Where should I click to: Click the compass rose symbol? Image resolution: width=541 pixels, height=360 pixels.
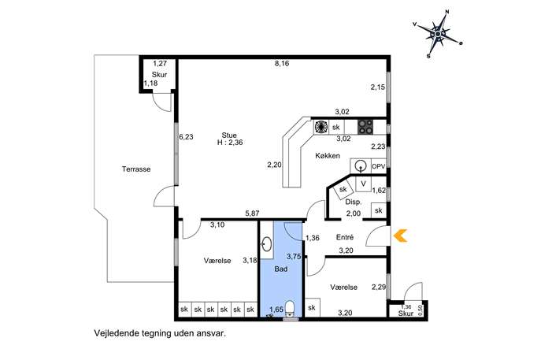pyautogui.click(x=438, y=34)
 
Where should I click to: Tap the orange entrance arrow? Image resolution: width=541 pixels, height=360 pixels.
pyautogui.click(x=400, y=236)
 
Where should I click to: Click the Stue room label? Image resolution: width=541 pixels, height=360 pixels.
pyautogui.click(x=229, y=135)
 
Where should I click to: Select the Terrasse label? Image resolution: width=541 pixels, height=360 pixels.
pyautogui.click(x=136, y=169)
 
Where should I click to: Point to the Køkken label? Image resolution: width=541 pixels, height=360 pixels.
pyautogui.click(x=328, y=156)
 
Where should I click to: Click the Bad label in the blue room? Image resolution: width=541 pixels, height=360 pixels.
pyautogui.click(x=281, y=269)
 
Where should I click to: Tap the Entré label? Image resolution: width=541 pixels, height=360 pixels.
pyautogui.click(x=345, y=237)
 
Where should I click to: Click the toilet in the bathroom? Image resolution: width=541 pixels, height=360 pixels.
pyautogui.click(x=290, y=308)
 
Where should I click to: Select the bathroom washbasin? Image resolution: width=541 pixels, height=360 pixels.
pyautogui.click(x=266, y=244)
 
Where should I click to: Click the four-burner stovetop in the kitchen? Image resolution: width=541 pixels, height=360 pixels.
pyautogui.click(x=365, y=127)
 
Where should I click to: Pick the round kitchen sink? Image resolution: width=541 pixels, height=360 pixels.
pyautogui.click(x=361, y=166)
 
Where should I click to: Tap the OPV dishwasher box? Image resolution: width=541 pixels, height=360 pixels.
pyautogui.click(x=378, y=166)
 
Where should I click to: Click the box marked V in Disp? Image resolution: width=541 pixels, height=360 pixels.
pyautogui.click(x=363, y=184)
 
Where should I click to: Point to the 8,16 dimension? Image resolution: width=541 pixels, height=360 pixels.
pyautogui.click(x=282, y=64)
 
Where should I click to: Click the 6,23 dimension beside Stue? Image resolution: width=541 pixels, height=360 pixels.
pyautogui.click(x=187, y=137)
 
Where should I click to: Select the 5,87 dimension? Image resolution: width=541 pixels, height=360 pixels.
pyautogui.click(x=252, y=213)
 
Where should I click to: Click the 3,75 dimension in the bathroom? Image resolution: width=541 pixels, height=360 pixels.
pyautogui.click(x=294, y=257)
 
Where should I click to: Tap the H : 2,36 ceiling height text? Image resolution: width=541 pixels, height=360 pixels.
pyautogui.click(x=230, y=143)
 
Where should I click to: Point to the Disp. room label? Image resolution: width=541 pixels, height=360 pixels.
pyautogui.click(x=354, y=202)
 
